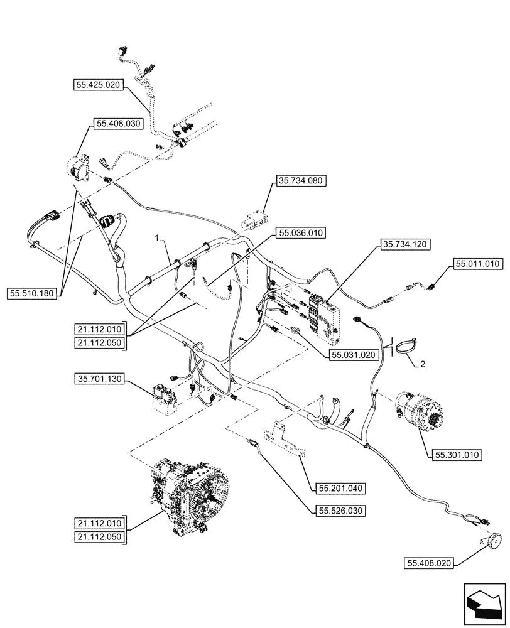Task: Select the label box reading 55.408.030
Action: point(119,124)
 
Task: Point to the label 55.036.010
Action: point(300,234)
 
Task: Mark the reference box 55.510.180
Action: point(35,293)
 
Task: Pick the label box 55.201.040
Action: point(337,487)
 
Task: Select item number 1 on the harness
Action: point(159,239)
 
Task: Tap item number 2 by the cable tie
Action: point(422,364)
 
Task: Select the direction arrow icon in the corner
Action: point(484,604)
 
